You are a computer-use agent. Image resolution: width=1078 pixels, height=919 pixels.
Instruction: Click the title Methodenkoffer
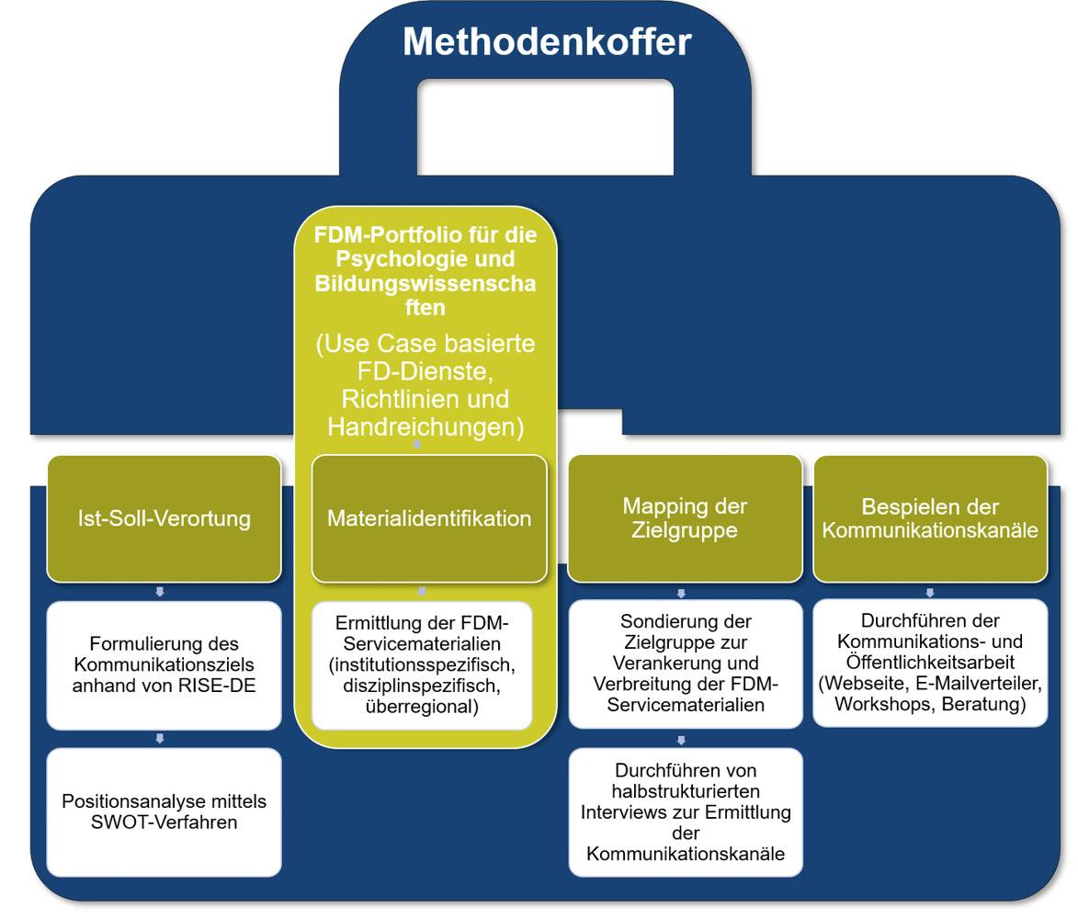(547, 41)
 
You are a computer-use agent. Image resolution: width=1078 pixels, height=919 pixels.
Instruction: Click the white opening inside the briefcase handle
(545, 127)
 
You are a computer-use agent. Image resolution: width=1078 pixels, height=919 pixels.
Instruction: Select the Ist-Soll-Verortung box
(165, 519)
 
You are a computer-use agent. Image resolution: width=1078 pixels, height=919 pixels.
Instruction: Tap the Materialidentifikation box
(429, 519)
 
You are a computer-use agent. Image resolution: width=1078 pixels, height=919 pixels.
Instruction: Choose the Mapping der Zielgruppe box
(685, 519)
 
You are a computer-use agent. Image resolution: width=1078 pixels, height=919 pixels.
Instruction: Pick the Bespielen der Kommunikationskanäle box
(930, 519)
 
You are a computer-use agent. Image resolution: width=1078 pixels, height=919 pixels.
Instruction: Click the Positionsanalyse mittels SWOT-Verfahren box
(165, 812)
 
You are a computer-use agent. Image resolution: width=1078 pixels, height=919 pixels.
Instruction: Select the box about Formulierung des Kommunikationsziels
(165, 665)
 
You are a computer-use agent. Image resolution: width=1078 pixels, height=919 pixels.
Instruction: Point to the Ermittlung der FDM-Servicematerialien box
(422, 665)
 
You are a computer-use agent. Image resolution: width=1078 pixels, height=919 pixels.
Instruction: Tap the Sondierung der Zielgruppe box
(686, 664)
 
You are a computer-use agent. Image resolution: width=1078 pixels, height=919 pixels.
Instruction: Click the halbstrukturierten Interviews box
(686, 812)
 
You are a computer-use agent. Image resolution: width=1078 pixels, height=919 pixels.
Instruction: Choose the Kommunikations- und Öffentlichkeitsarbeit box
(930, 664)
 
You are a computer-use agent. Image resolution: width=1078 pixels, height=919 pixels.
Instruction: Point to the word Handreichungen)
(426, 427)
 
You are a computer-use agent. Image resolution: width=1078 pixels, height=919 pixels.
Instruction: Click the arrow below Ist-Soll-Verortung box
(160, 592)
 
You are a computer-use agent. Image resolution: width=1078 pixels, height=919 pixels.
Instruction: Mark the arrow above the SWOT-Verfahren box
(160, 739)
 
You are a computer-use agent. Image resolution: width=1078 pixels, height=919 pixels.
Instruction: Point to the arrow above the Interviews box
(681, 741)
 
